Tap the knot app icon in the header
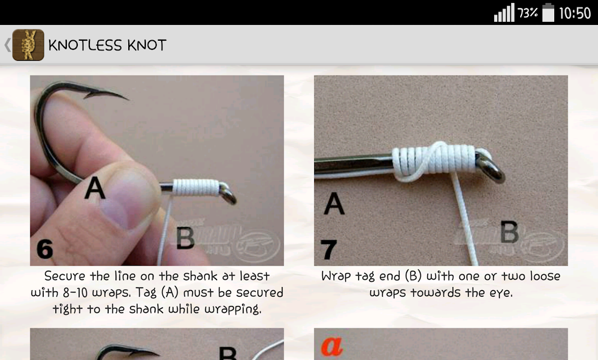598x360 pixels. click(28, 45)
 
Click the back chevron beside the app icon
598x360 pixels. click(7, 45)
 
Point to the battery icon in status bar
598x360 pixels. click(548, 13)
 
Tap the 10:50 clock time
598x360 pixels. click(574, 13)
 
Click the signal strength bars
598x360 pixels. click(504, 13)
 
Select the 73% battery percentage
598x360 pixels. click(528, 13)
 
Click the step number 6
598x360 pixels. click(45, 249)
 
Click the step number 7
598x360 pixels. click(328, 249)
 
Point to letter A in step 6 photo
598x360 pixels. click(94, 189)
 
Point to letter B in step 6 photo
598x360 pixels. click(185, 238)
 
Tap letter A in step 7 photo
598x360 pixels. click(334, 204)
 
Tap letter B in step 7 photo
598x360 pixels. click(509, 233)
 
